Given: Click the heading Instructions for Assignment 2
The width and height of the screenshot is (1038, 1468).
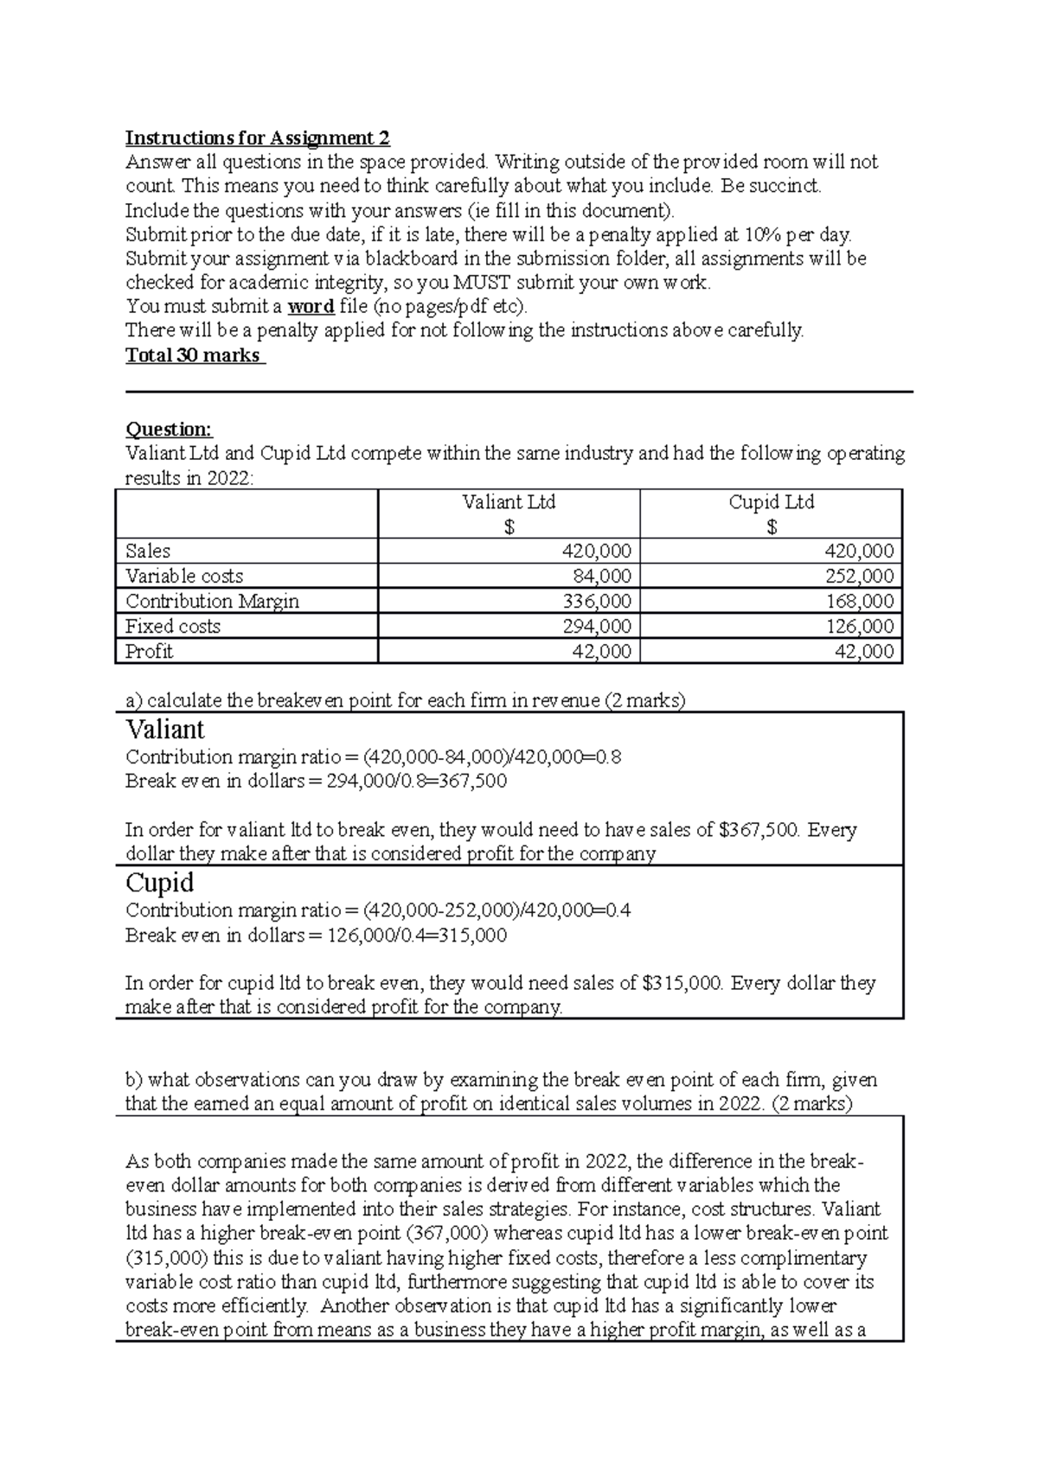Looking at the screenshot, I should [257, 137].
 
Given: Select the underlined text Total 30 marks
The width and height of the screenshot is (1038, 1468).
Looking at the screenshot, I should [194, 354].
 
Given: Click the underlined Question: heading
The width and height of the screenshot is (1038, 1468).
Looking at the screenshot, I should [169, 429].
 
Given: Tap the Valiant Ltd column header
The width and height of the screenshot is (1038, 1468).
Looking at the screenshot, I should [509, 502].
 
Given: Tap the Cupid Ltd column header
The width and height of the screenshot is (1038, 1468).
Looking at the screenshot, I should [771, 502].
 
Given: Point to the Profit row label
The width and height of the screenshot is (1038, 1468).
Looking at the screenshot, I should [149, 651].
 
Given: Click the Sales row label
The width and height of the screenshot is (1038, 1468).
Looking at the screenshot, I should [148, 551].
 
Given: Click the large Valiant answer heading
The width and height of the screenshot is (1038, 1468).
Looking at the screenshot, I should [164, 729].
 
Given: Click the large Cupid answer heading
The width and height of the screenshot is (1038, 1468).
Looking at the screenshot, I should [159, 883].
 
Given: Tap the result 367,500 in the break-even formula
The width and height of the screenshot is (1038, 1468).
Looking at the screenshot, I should [475, 782].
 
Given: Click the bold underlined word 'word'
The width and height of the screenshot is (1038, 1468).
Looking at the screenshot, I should [311, 306].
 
